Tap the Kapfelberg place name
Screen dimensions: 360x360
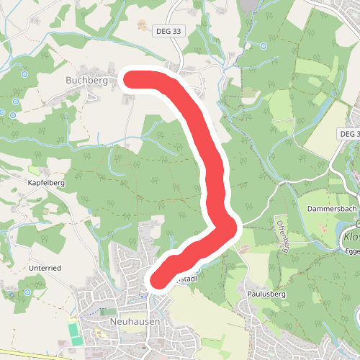[46, 184]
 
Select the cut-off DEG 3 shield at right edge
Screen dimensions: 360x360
[349, 134]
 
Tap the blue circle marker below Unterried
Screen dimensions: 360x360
[27, 293]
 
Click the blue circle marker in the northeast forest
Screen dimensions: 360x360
[264, 46]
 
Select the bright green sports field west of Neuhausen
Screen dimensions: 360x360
[74, 332]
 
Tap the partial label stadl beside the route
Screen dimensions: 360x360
[186, 278]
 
